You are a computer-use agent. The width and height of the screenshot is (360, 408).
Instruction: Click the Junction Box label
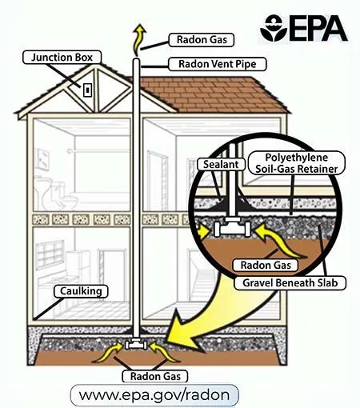pyautogui.click(x=62, y=58)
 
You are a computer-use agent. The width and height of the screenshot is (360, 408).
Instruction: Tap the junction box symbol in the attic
pyautogui.click(x=87, y=90)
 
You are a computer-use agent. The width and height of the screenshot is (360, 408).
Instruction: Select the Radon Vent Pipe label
pyautogui.click(x=218, y=64)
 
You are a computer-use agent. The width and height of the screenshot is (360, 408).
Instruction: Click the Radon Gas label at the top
pyautogui.click(x=202, y=40)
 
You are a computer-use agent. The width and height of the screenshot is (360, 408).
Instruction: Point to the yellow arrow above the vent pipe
pyautogui.click(x=138, y=38)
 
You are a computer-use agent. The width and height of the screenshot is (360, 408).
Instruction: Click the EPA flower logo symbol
pyautogui.click(x=274, y=28)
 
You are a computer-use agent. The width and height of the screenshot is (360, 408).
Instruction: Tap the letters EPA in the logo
pyautogui.click(x=318, y=28)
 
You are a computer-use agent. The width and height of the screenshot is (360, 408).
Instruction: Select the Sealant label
pyautogui.click(x=221, y=164)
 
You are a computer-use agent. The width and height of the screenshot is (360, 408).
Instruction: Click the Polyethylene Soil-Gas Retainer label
pyautogui.click(x=297, y=163)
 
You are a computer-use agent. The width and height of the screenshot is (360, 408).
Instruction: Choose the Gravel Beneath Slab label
pyautogui.click(x=290, y=283)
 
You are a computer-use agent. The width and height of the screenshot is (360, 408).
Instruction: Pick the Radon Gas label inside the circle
pyautogui.click(x=266, y=265)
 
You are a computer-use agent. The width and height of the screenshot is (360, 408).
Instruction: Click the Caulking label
pyautogui.click(x=81, y=291)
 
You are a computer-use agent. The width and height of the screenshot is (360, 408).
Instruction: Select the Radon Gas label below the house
pyautogui.click(x=155, y=376)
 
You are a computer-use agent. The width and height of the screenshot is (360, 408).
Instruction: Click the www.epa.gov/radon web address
pyautogui.click(x=154, y=395)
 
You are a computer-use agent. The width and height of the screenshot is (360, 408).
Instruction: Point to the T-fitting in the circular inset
pyautogui.click(x=232, y=226)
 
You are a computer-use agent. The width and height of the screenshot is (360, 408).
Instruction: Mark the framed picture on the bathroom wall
pyautogui.click(x=42, y=159)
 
